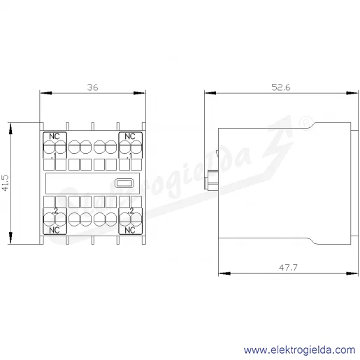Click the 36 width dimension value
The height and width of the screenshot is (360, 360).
[92, 87]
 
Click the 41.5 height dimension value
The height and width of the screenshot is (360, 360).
[6, 183]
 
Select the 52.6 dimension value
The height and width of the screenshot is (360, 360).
[281, 87]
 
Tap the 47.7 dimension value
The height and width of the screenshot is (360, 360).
[288, 268]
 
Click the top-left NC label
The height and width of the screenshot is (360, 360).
[55, 136]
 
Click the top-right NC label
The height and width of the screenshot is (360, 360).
[130, 136]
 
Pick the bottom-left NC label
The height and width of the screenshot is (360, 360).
[55, 230]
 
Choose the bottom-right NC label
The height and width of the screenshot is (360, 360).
[130, 230]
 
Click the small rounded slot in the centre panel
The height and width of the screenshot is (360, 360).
[124, 183]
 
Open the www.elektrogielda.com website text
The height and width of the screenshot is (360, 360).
[299, 350]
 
